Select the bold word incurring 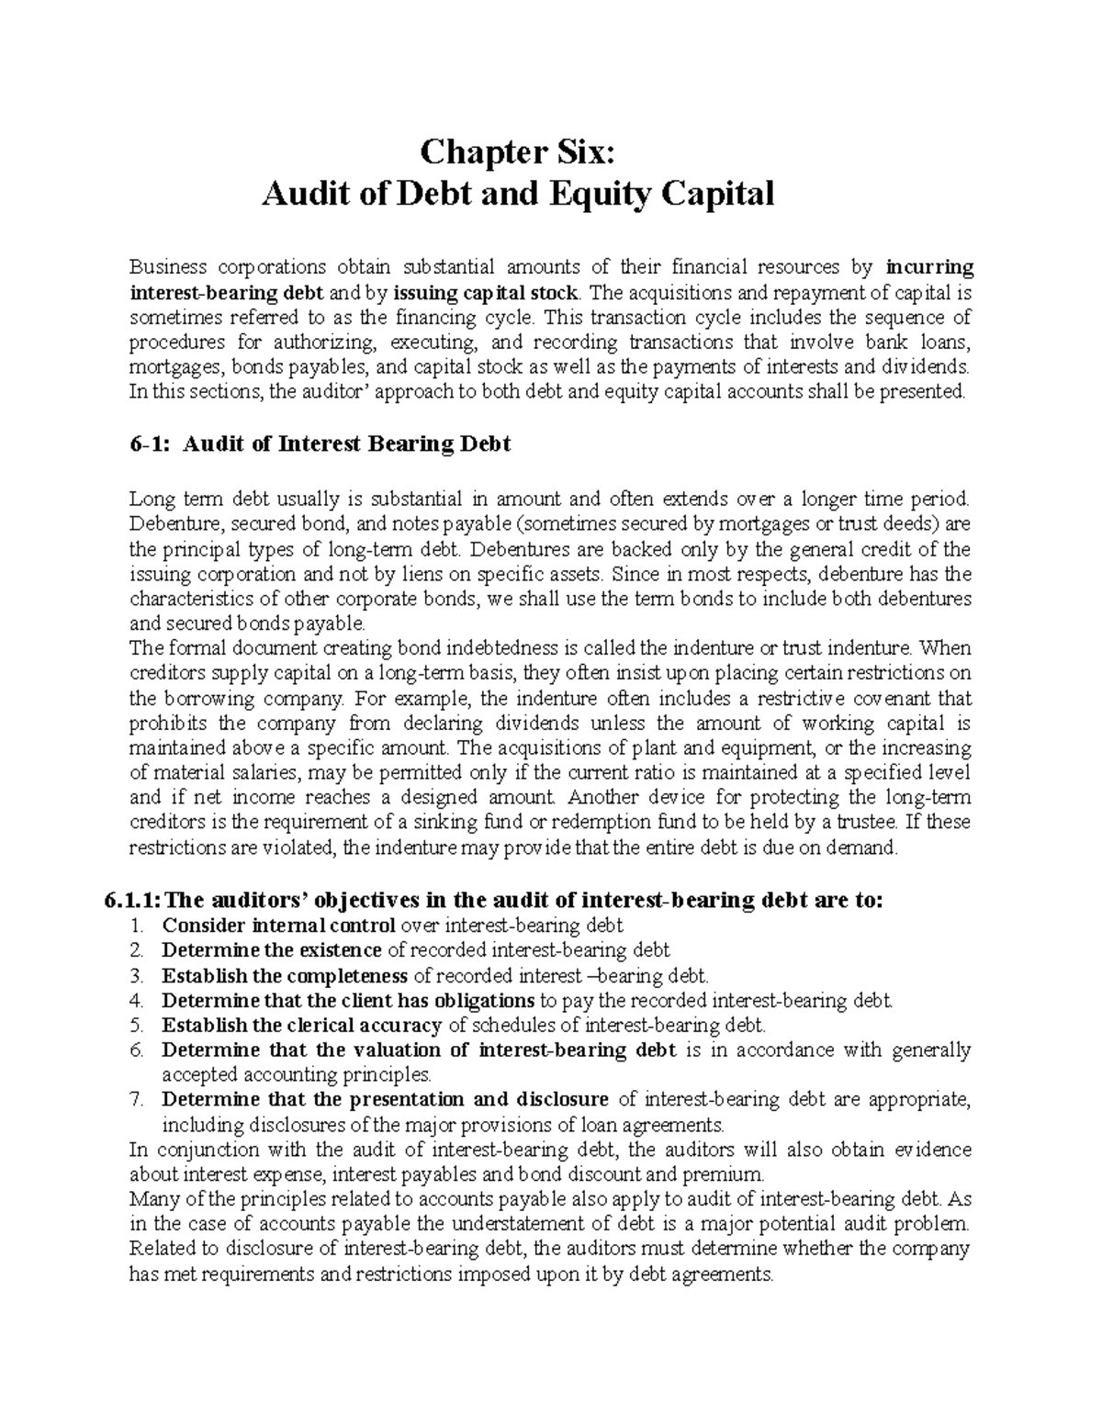click(x=929, y=267)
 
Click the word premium click(x=730, y=1174)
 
